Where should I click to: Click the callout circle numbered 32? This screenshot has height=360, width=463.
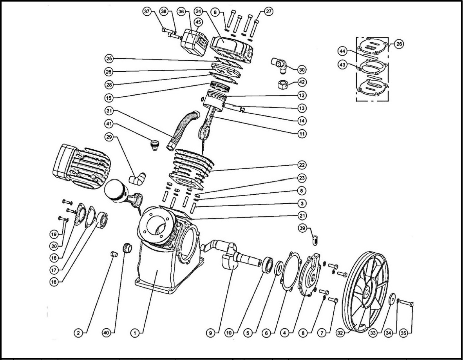340,333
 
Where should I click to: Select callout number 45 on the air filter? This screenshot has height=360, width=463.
198,22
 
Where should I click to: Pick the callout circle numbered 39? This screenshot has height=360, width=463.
302,229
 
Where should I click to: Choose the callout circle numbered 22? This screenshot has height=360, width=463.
302,165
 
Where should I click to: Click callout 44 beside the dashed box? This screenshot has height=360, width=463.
342,51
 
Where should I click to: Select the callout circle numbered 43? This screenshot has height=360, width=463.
342,65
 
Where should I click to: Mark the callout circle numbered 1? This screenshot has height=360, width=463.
135,333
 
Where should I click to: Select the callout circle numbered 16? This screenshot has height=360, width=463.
53,282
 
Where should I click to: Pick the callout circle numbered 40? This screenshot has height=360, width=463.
106,333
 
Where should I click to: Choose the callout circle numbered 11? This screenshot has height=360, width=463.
302,134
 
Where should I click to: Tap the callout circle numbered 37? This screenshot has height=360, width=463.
147,11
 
